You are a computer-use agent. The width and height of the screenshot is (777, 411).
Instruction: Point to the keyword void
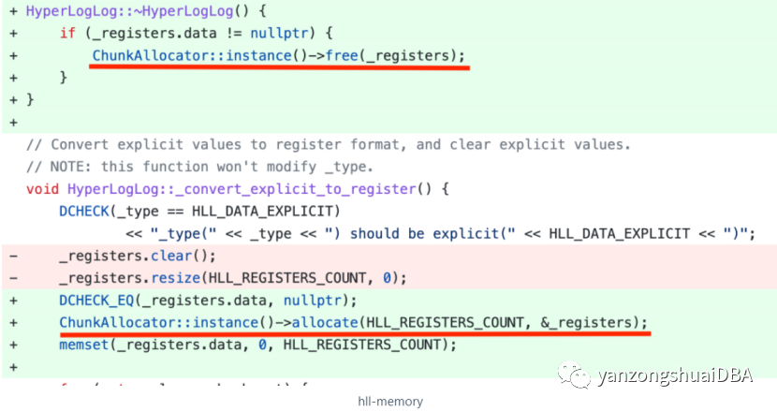click(41, 188)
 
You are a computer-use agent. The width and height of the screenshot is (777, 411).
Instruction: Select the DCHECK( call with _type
click(81, 211)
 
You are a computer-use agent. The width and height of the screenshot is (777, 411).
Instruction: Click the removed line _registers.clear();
click(137, 255)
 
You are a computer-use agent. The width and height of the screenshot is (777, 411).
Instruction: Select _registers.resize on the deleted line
click(121, 277)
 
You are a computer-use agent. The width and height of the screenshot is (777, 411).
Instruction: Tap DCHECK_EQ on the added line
click(94, 300)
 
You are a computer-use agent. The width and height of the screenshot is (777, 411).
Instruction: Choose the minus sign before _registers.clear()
click(11, 255)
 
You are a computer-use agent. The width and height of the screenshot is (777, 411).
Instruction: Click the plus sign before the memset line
click(11, 344)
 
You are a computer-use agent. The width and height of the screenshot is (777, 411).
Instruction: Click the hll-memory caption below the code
click(389, 402)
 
